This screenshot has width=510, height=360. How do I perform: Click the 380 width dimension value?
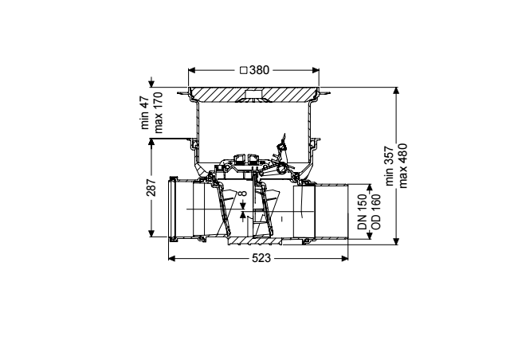click(259, 70)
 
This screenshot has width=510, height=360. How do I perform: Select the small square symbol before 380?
click(244, 70)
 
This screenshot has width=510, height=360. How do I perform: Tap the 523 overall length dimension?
click(261, 258)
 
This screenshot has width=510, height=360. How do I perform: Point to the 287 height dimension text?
click(151, 188)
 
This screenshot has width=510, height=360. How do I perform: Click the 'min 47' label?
click(145, 112)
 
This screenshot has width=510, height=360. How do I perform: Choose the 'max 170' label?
click(158, 112)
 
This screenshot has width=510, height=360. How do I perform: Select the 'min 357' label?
click(390, 166)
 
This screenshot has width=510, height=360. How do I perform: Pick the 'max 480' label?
click(402, 166)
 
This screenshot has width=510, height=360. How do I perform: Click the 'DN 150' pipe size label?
click(362, 212)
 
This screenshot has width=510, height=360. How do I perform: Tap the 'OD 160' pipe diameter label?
click(375, 212)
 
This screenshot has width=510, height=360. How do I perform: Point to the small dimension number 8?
click(243, 194)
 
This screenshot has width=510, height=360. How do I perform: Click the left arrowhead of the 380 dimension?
click(191, 70)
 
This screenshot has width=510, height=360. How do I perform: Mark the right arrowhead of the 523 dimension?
click(345, 258)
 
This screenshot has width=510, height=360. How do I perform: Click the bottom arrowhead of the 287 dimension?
click(151, 233)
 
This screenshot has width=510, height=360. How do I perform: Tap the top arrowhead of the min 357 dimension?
click(396, 91)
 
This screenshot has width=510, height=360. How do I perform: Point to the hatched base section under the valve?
click(255, 241)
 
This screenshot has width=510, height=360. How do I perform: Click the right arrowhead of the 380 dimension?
click(316, 70)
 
